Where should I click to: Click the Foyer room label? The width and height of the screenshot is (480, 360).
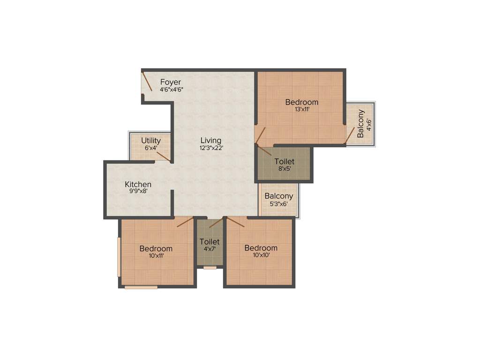coord(170,82)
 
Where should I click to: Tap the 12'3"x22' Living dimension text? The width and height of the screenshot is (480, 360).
coord(210,148)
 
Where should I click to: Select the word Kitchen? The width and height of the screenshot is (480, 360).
coord(138,184)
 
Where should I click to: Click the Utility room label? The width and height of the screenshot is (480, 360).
coord(151,140)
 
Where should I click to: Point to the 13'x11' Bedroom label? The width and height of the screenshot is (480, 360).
coord(301,102)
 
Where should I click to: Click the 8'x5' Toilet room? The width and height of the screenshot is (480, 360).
coord(284,164)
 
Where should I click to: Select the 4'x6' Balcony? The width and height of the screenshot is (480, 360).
coord(360,123)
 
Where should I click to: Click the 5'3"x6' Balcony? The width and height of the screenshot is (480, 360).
coord(278,199)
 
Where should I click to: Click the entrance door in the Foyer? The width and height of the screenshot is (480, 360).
coord(147,82)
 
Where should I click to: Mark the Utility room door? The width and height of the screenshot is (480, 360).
coord(163,157)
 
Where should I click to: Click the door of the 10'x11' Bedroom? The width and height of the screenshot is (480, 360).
coord(185,222)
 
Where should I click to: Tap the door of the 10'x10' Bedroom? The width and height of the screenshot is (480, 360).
coord(236,222)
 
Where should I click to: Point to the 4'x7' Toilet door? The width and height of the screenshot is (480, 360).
coord(216,223)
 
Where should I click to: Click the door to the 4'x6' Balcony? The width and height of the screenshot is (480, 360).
coord(350,135)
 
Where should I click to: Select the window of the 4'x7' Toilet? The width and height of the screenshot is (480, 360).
coord(210,268)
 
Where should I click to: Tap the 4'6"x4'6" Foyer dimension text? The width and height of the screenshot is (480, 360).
coord(171,89)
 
